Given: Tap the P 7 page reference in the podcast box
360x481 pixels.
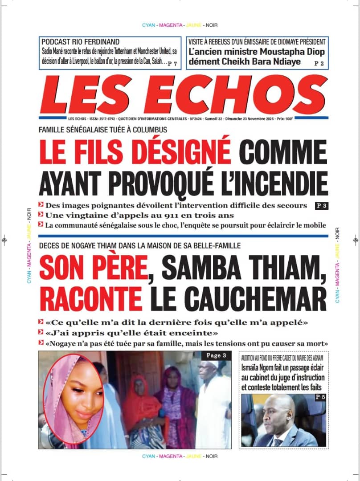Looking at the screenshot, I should click(x=173, y=64).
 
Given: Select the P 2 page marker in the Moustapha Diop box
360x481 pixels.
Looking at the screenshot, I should click(x=319, y=64).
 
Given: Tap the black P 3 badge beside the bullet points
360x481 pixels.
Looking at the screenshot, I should click(x=321, y=206).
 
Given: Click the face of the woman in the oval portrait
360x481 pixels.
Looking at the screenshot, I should click(x=75, y=396).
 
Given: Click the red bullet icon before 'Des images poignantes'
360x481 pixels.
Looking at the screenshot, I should click(x=41, y=205).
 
